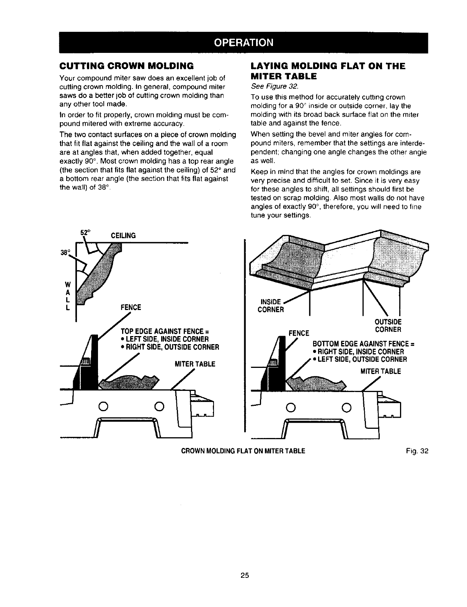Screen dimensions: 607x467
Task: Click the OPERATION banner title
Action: (243, 42)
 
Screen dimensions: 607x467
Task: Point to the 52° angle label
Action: (84, 232)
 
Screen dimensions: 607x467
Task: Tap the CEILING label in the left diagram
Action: (123, 235)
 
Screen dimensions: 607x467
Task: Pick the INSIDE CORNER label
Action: (271, 305)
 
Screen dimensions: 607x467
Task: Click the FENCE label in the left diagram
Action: (131, 307)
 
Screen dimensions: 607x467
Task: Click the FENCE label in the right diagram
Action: (299, 333)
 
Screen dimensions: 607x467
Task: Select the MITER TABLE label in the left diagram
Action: (195, 364)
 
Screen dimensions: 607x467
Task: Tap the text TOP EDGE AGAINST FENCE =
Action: (161, 331)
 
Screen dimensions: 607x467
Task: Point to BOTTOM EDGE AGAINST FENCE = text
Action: (364, 344)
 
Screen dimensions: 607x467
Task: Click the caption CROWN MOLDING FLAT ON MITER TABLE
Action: (243, 451)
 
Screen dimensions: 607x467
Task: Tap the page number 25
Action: (245, 575)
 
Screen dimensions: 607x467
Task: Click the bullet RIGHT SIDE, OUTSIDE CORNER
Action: (170, 348)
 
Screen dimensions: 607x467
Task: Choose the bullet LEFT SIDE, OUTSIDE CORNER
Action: (360, 359)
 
